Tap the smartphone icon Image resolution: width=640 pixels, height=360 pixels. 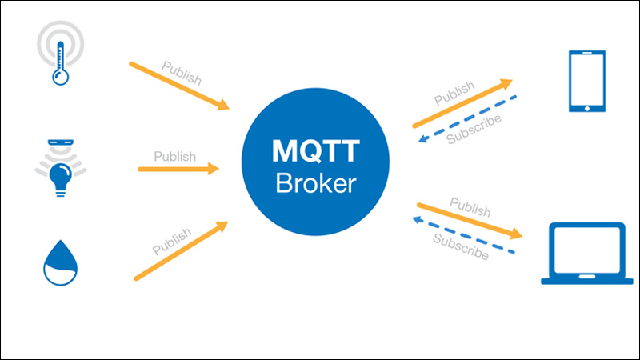pyautogui.click(x=586, y=82)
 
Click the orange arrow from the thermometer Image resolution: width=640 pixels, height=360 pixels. pyautogui.click(x=180, y=86)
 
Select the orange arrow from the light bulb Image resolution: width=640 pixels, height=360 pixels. pyautogui.click(x=178, y=169)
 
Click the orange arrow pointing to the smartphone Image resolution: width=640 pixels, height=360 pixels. pyautogui.click(x=462, y=103)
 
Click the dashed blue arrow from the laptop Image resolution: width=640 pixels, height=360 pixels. pyautogui.click(x=464, y=234)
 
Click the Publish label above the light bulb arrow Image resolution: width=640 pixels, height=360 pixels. pyautogui.click(x=174, y=156)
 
